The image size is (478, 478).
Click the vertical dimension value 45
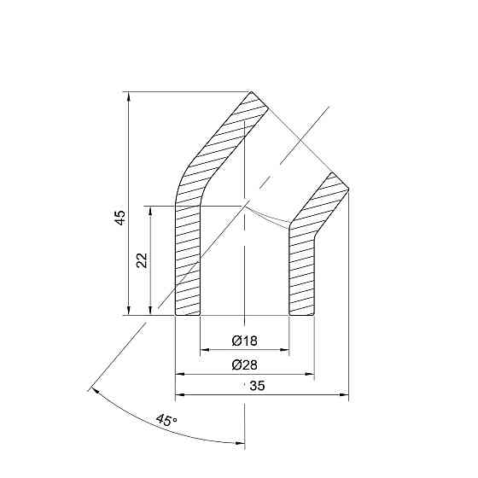121,218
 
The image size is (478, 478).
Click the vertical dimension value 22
143,260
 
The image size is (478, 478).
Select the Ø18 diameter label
244,341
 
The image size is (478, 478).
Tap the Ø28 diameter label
244,365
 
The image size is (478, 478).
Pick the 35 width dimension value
255,387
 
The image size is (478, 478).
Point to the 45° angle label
166,420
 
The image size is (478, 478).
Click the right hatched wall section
303,265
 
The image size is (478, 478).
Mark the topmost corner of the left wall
251,91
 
